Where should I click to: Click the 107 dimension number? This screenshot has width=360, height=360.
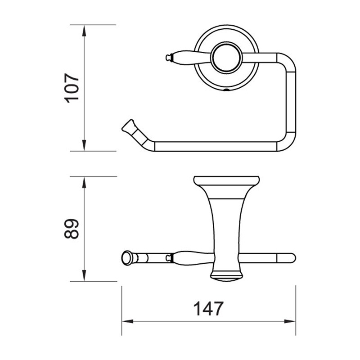[72, 88]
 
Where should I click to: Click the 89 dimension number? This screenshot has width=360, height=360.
[72, 229]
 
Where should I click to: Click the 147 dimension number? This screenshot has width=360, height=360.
[208, 309]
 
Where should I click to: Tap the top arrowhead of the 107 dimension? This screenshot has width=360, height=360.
[84, 31]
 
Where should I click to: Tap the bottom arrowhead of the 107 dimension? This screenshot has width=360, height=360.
[84, 145]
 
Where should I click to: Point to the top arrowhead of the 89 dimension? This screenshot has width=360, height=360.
[84, 183]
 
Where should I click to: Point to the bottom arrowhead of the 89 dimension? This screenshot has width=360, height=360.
[84, 275]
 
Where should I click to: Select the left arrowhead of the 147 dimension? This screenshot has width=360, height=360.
[128, 321]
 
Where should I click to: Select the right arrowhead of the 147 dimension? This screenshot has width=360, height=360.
[290, 321]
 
